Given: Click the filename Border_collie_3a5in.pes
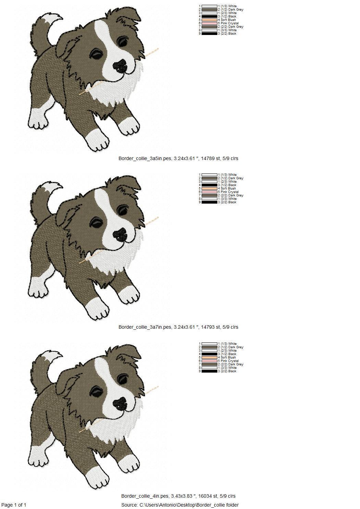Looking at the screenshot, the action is (x=145, y=159).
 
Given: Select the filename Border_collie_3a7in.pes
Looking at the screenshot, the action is (x=145, y=327).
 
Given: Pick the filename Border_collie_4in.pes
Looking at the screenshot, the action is (x=145, y=496).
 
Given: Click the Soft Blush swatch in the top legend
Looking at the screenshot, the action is (x=209, y=20).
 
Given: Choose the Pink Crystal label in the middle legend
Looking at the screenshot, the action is (x=230, y=192).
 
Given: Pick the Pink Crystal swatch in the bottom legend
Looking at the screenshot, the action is (x=209, y=361).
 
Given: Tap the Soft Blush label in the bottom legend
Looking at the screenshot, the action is (x=228, y=357).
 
